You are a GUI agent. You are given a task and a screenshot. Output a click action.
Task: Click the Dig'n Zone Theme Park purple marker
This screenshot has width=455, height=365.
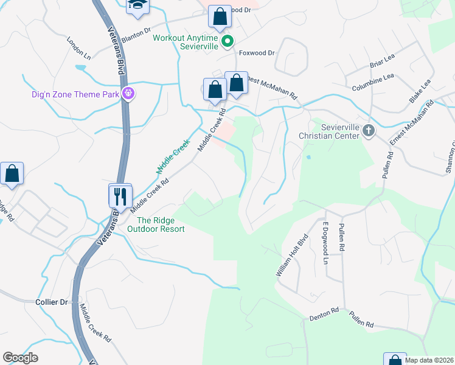(x=128, y=94)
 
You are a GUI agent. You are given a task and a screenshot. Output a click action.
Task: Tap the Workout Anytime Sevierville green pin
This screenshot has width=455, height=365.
(x=227, y=42)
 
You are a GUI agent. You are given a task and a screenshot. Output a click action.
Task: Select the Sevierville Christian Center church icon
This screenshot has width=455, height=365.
(x=368, y=130)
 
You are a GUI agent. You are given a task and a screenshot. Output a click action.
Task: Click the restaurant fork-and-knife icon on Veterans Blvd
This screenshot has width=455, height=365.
(x=120, y=196)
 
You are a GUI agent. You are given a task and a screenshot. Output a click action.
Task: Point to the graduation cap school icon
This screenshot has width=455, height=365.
(x=137, y=5)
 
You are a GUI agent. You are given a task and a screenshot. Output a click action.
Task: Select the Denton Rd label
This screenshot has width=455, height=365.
(x=324, y=313)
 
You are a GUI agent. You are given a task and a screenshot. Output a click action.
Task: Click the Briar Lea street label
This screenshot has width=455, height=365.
(x=383, y=63)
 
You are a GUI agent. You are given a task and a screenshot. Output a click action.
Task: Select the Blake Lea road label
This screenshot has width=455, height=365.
(x=420, y=90)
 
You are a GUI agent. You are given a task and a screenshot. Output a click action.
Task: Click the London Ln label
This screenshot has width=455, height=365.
(x=78, y=49)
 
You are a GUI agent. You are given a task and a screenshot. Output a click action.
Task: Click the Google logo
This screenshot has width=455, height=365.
(x=20, y=358)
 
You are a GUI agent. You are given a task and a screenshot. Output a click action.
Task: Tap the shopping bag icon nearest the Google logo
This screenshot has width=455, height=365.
(x=12, y=174)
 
